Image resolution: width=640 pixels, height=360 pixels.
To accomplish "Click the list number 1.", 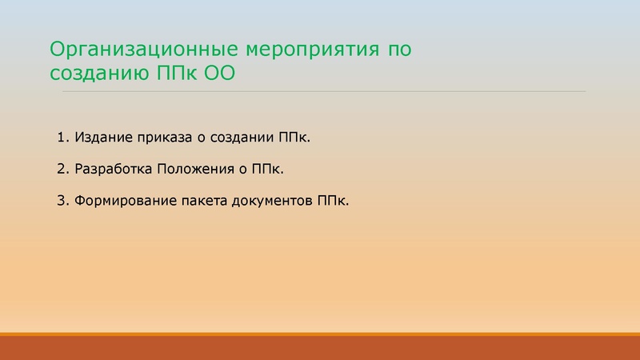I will [62, 138].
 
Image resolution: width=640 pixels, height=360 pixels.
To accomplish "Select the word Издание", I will [103, 138].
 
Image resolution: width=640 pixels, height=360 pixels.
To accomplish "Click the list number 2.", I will [62, 169].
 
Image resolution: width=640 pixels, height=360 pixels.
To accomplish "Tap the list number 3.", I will [62, 200].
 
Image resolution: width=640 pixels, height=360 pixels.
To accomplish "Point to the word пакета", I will [198, 200].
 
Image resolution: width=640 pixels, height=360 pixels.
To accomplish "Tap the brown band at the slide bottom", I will [320, 349].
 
